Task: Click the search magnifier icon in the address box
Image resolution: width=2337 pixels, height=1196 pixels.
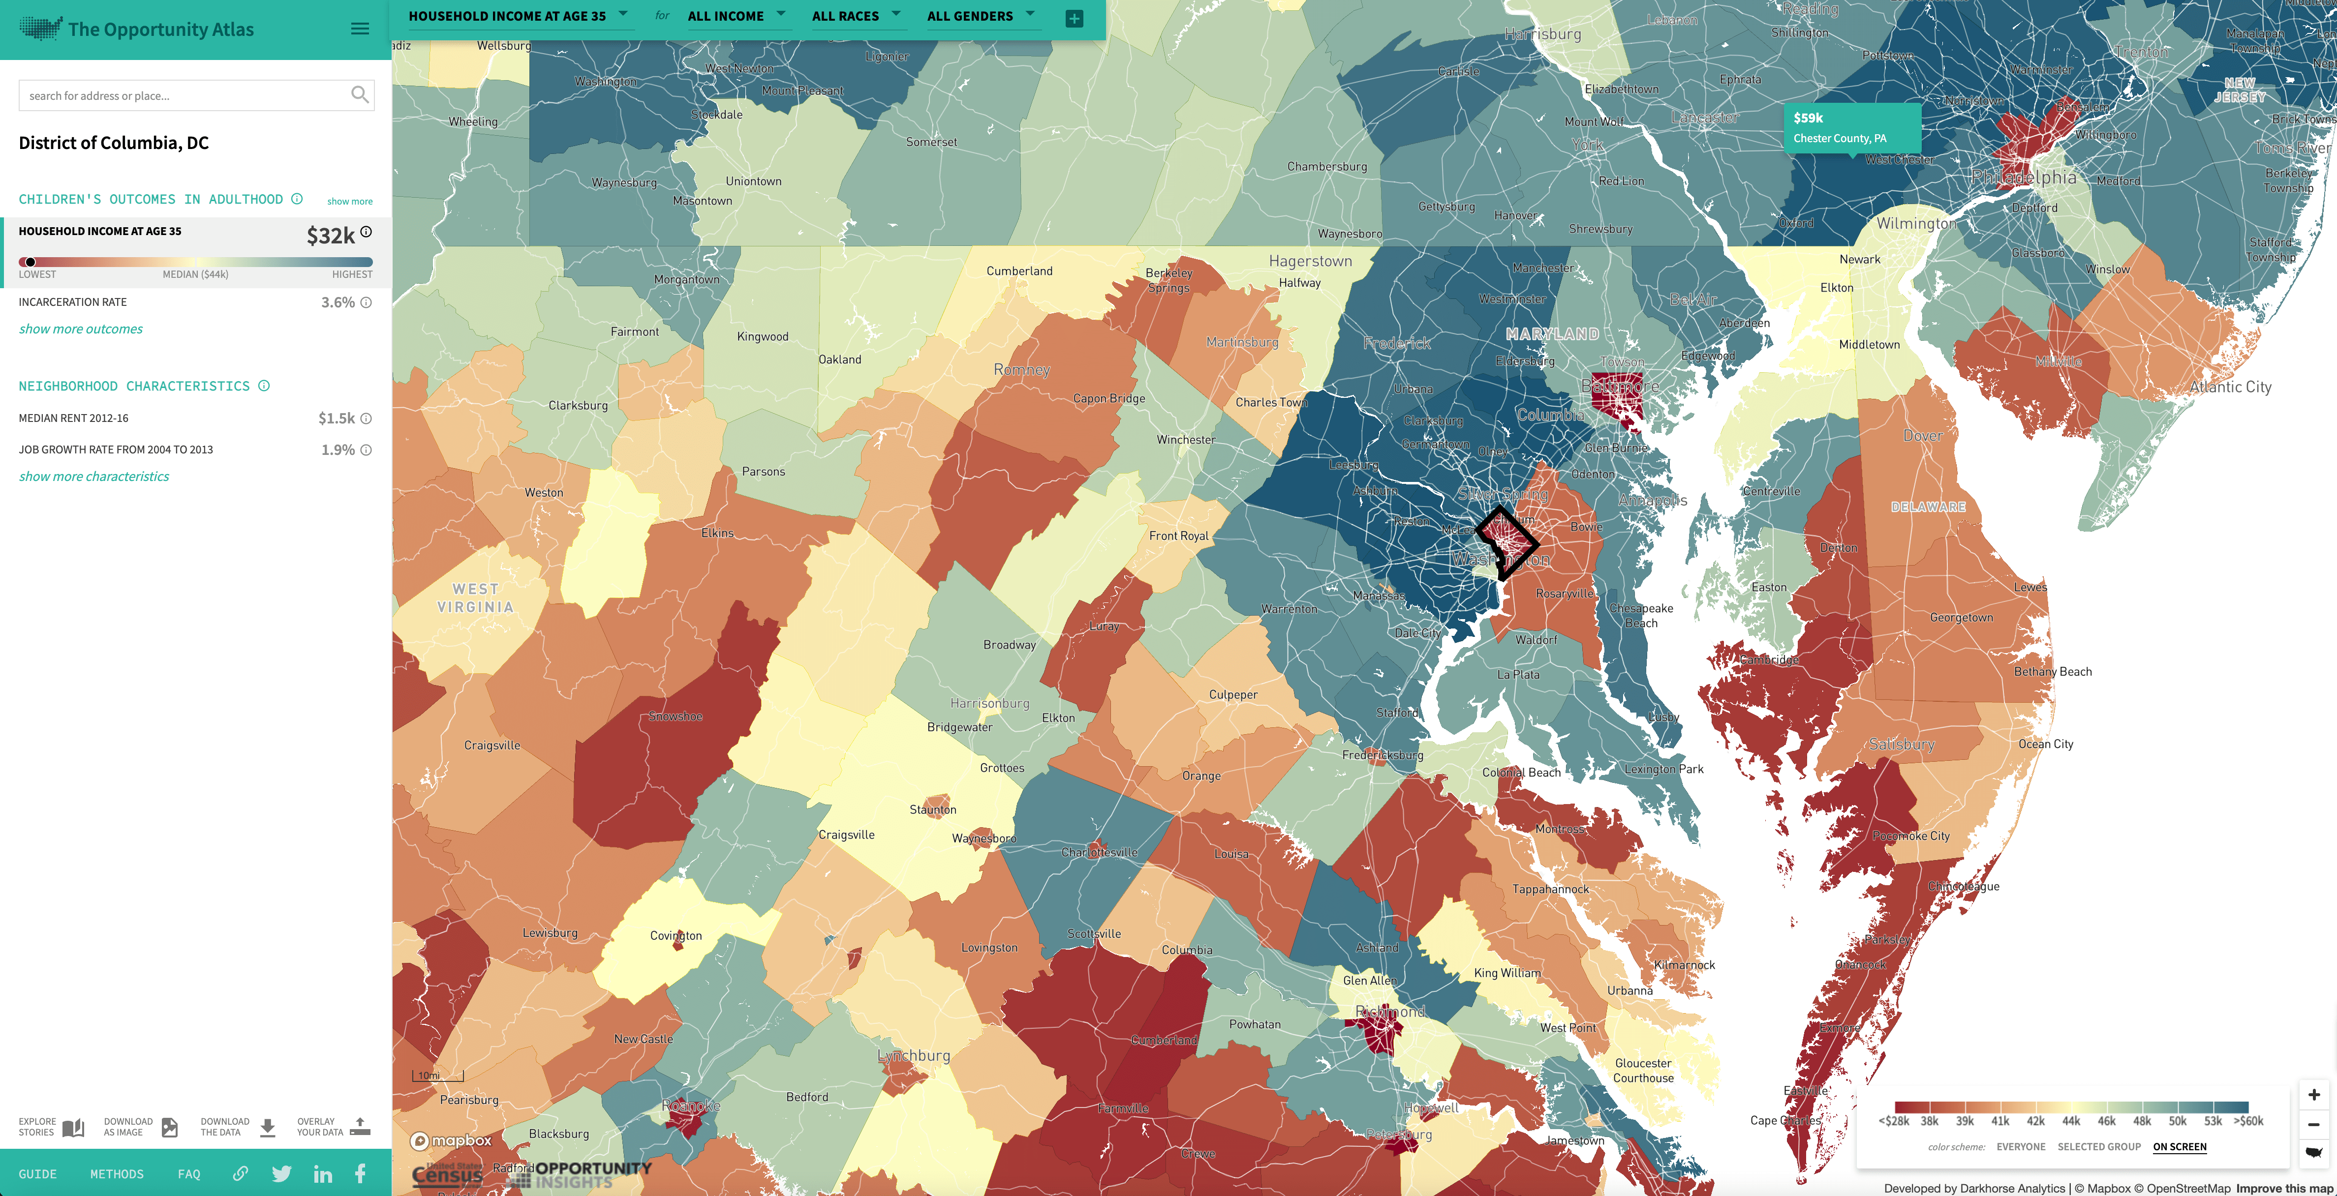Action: tap(359, 94)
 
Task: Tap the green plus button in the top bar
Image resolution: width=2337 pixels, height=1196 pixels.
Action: tap(1074, 18)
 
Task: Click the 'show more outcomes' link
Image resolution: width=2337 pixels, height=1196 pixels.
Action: tap(81, 329)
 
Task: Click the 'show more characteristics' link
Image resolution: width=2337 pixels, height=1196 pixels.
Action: tap(93, 477)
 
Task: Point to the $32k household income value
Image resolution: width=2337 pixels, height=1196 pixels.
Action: tap(330, 236)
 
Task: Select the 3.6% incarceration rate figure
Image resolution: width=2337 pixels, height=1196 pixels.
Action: tap(338, 303)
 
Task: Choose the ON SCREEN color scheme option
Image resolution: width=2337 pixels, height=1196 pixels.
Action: tap(2179, 1147)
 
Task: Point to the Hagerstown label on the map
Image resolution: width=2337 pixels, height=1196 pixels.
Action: tap(1310, 261)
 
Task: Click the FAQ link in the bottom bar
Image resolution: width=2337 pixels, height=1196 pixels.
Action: tap(189, 1174)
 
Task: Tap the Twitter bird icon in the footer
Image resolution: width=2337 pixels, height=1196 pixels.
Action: tap(281, 1174)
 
